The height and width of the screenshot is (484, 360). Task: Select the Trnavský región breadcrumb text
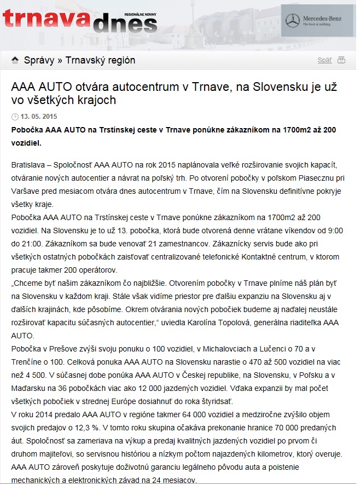[x=100, y=60]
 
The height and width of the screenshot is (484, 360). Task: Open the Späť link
[x=324, y=60]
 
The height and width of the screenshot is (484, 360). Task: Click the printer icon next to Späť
[x=341, y=60]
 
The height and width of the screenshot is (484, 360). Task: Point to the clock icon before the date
[x=15, y=117]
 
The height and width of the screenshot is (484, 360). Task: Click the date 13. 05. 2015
[x=39, y=117]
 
